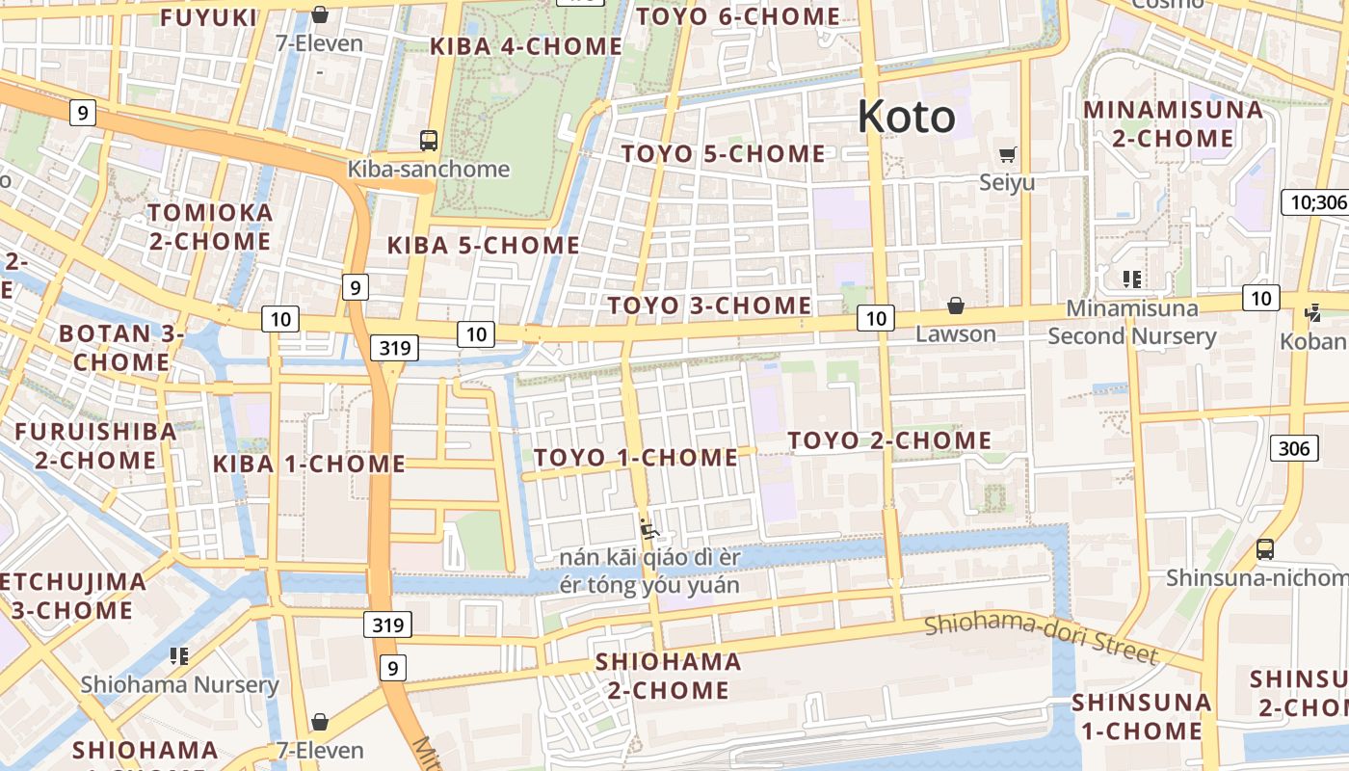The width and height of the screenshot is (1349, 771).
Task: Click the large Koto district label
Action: [x=906, y=118]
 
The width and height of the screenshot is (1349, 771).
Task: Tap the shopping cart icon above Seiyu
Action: [x=1008, y=154]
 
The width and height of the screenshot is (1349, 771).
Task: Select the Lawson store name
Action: [x=955, y=334]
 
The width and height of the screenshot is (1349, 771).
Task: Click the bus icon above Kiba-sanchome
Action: [x=429, y=141]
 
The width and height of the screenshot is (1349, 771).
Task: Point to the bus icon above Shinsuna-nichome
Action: [x=1265, y=549]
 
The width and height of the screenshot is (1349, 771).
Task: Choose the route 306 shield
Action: [x=1294, y=447]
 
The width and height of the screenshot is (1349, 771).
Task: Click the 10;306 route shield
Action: [x=1314, y=202]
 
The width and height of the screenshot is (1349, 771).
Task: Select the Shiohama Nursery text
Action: [x=179, y=685]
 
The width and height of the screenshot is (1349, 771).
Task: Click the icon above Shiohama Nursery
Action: [x=178, y=656]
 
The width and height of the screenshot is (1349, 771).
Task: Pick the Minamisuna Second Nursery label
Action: [x=1132, y=323]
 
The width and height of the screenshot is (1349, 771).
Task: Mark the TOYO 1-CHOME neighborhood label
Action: [x=636, y=458]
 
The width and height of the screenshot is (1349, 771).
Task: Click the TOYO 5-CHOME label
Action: [x=723, y=154]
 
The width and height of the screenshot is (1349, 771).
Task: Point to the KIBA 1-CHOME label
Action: [x=309, y=465]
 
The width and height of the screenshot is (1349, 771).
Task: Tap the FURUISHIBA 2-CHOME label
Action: [x=95, y=445]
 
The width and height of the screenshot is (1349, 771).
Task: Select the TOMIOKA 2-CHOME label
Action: [x=210, y=226]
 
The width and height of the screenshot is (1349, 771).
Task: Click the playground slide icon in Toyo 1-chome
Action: [x=649, y=528]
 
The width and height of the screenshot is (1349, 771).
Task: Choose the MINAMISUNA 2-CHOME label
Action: [x=1173, y=124]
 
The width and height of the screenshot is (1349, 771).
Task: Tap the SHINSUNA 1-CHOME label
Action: [x=1142, y=716]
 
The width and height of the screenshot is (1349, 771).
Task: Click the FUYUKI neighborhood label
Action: [x=209, y=17]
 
